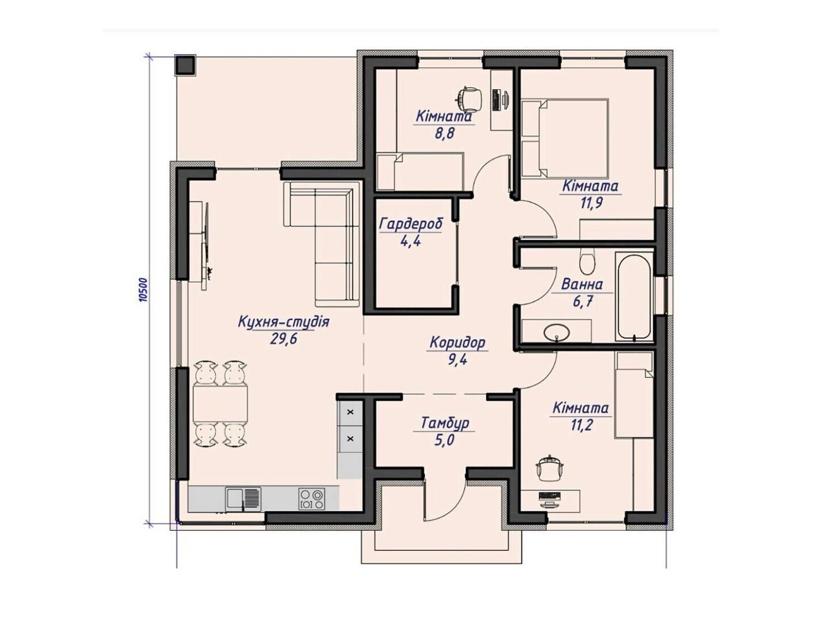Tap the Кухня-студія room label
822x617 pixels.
click(x=284, y=322)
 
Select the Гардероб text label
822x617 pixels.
click(x=410, y=224)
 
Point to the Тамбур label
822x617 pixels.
click(x=445, y=424)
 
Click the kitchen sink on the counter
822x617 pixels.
click(x=243, y=498)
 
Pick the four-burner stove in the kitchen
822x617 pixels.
click(x=312, y=498)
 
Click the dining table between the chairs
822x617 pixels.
click(x=220, y=404)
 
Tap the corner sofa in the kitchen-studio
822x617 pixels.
click(x=329, y=231)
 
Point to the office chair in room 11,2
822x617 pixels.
click(x=550, y=468)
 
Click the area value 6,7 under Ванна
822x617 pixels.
click(x=583, y=301)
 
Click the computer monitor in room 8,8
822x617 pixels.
click(x=497, y=99)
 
